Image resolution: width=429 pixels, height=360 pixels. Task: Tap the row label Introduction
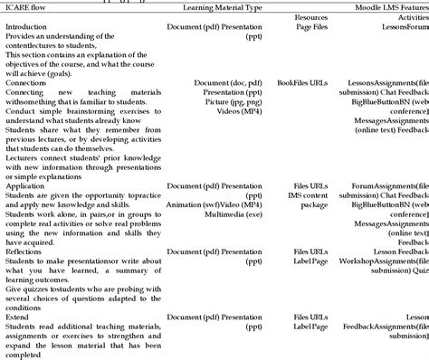(x=25, y=27)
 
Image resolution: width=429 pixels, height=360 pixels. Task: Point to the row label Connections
(x=26, y=83)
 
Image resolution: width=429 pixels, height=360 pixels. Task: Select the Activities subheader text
(x=412, y=17)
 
